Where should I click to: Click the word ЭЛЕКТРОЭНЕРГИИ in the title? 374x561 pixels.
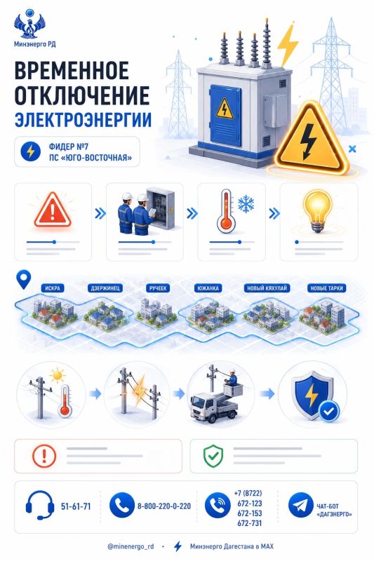(83, 119)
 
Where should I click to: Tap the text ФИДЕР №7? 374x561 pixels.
(69, 147)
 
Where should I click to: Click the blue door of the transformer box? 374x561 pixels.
(226, 110)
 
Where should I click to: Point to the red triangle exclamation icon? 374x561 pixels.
(53, 210)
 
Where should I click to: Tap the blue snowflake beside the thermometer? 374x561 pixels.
(246, 204)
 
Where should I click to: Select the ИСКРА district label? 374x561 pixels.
(53, 288)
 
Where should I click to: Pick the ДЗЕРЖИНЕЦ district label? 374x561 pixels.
(105, 288)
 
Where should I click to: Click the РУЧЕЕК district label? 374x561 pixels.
(158, 288)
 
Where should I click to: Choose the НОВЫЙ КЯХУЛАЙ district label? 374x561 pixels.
(267, 288)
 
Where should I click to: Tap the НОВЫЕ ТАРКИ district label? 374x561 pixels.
(326, 288)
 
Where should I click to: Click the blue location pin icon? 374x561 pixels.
(24, 279)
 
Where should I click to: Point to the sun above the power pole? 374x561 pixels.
(57, 375)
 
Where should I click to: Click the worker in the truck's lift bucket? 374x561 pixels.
(233, 378)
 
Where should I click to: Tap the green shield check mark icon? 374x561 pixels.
(213, 456)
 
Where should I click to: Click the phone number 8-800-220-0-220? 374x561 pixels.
(164, 506)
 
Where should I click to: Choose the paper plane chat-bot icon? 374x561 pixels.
(300, 505)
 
